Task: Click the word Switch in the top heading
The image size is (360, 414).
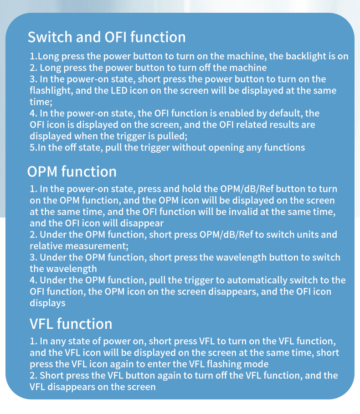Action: [50, 37]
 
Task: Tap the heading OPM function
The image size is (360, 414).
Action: [72, 171]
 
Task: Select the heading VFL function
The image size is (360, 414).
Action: [71, 324]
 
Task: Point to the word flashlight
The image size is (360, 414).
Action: [51, 91]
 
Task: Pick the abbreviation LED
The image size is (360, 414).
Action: [119, 91]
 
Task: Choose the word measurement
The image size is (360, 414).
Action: [97, 246]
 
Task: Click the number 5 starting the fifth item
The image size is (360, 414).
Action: [32, 148]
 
